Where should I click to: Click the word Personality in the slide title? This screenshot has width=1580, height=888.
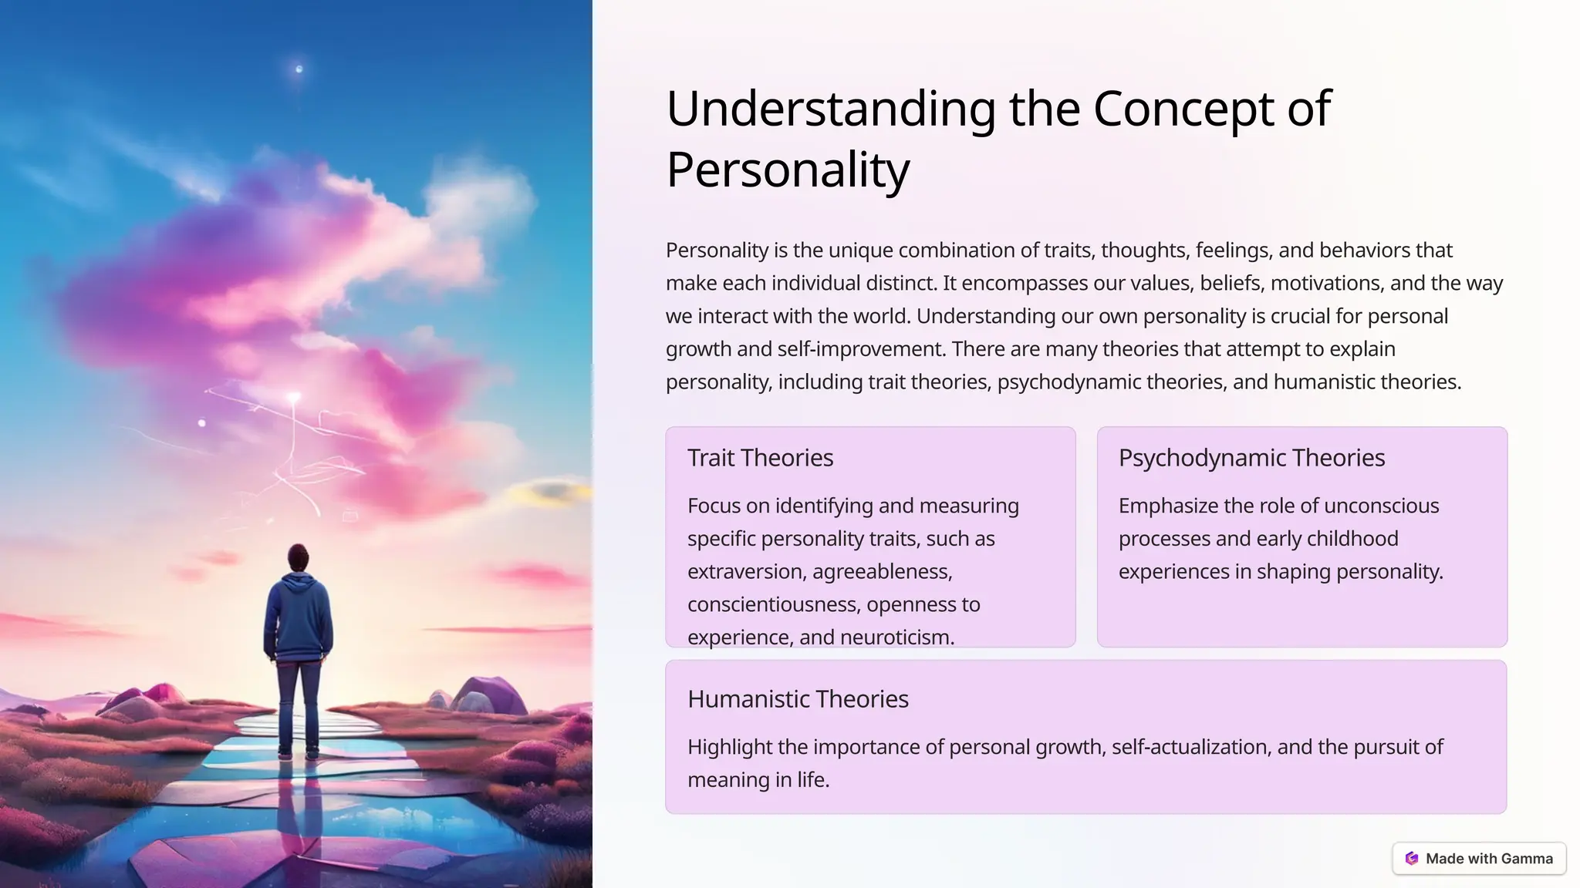(788, 170)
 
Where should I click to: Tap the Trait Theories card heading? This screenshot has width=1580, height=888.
(760, 458)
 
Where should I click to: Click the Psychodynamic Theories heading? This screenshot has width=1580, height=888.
(1251, 458)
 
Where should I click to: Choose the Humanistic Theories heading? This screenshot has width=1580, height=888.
(798, 699)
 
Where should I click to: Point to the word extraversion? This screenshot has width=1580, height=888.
(743, 572)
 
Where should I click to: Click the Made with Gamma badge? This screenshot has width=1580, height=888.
(1479, 859)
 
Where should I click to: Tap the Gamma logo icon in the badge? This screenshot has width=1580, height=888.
(1412, 859)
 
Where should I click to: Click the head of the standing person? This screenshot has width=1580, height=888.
(298, 557)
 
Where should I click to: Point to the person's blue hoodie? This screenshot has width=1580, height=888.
(298, 617)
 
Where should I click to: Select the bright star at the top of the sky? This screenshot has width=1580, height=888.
(299, 69)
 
